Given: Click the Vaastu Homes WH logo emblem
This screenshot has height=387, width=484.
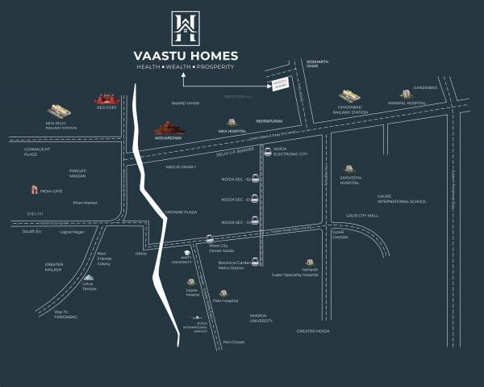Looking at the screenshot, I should tap(186, 28).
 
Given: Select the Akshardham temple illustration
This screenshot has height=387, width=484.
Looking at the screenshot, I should tap(169, 128).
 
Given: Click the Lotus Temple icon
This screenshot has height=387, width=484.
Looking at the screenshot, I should tap(88, 280).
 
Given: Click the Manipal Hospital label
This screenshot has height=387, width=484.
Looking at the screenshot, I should tap(407, 103).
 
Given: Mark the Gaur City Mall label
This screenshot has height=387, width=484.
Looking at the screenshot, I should tap(361, 216).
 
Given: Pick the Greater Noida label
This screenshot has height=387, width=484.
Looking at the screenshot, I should tap(312, 331).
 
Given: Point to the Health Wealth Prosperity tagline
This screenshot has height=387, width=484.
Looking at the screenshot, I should tap(186, 66).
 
